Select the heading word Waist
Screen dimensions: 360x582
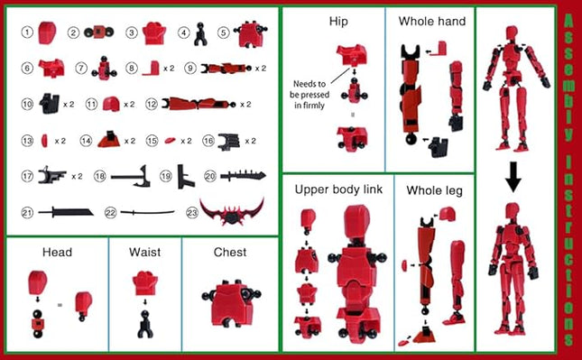(x=144, y=252)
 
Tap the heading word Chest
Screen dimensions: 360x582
(x=230, y=252)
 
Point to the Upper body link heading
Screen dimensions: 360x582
(x=338, y=190)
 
